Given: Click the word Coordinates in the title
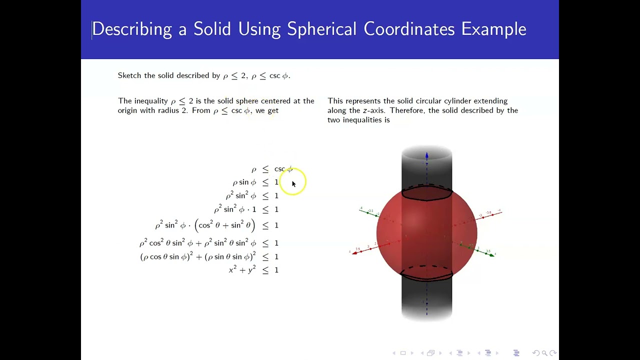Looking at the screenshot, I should point(409,29).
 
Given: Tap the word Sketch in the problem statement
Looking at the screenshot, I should point(129,75).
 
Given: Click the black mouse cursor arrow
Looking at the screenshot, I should point(293,184).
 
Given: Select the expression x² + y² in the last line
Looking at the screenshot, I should point(242,270).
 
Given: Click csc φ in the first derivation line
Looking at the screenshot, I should point(283,169).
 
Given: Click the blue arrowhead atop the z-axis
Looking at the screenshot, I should point(426,156).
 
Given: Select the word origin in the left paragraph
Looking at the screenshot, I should point(128,110).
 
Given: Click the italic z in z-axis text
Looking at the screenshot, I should point(364,110).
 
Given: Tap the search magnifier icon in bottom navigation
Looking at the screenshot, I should point(544,353).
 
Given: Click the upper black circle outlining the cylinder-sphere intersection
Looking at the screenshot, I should point(427,198).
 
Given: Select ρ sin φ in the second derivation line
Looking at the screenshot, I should point(244,182).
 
